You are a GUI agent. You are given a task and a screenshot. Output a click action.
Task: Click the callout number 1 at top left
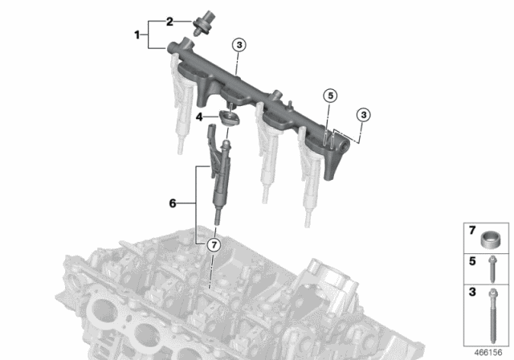coord(137,35)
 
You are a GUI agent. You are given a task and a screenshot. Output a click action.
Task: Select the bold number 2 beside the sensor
coord(169,21)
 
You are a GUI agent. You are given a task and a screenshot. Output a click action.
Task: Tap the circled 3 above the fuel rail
coord(239,45)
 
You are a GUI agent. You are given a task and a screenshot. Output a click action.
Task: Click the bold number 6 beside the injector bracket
coord(173,205)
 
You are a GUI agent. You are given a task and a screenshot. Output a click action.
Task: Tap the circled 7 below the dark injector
coord(213,244)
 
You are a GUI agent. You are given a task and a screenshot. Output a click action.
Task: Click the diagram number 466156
coord(487,351)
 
